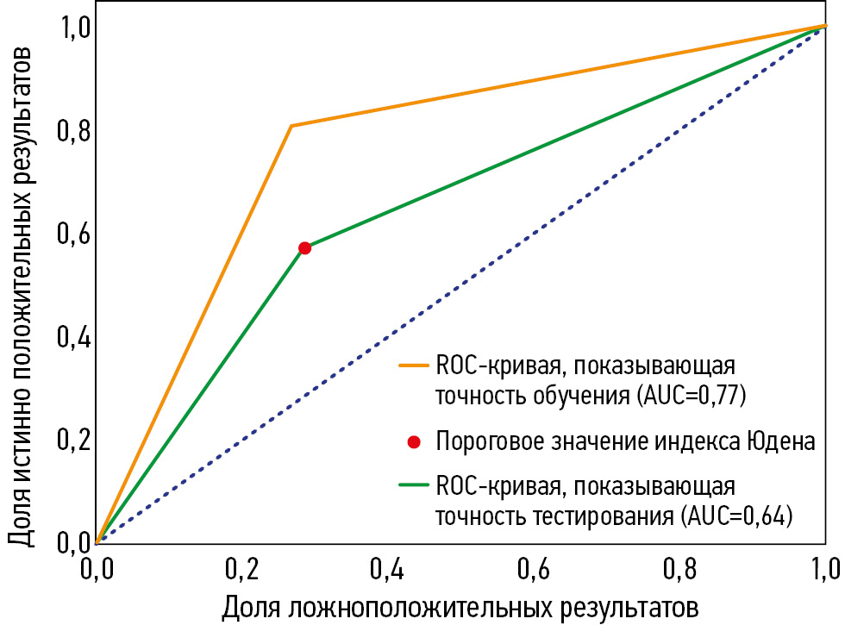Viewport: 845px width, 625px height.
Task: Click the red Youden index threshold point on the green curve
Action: (304, 248)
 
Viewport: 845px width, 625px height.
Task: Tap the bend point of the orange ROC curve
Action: (291, 126)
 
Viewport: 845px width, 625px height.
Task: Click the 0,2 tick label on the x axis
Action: (241, 569)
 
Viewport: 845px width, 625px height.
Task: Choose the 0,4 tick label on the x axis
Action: (387, 569)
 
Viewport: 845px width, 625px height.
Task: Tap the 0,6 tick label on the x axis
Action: (534, 569)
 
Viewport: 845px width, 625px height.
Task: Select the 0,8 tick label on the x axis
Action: (680, 569)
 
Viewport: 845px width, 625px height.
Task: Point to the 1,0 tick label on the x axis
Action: (823, 569)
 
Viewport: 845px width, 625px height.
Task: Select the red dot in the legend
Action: (414, 442)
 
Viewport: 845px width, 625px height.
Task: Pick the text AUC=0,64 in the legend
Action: (738, 518)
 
